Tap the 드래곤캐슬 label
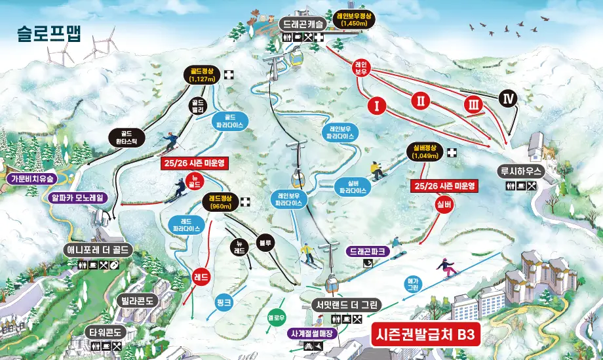301,24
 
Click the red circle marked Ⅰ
375,106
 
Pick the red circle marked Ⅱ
421,100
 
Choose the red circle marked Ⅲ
473,104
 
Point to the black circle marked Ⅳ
508,98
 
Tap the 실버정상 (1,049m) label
426,152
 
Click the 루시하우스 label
522,172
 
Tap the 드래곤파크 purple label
370,251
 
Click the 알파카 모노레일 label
78,197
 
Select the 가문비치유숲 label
31,178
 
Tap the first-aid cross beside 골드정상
229,75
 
